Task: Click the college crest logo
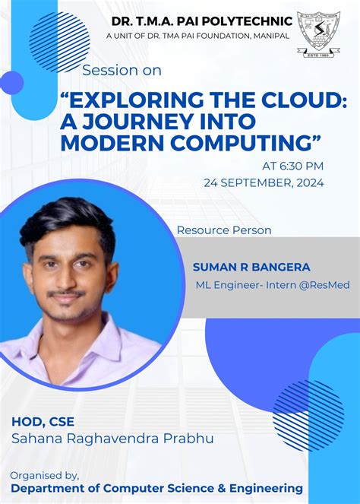click(318, 34)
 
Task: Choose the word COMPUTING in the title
click(234, 141)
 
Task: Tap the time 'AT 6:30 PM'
click(292, 165)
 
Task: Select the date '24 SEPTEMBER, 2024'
click(264, 182)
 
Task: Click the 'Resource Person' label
click(224, 230)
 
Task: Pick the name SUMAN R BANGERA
click(240, 267)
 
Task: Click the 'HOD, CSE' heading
click(43, 422)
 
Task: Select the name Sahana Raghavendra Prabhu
click(112, 439)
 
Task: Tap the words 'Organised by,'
click(44, 475)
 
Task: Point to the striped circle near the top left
click(59, 42)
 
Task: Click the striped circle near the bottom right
click(308, 415)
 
